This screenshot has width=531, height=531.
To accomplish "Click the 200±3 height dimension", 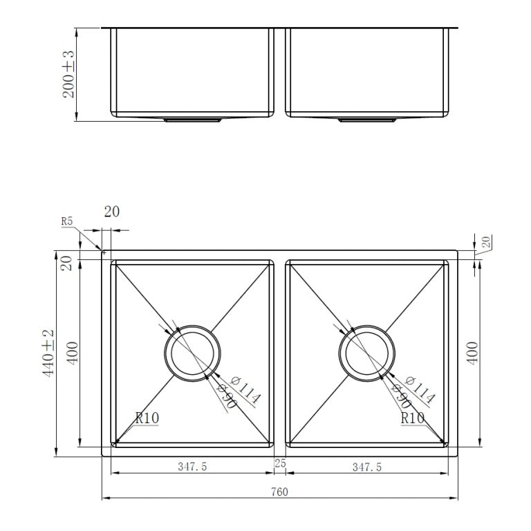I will pos(70,73).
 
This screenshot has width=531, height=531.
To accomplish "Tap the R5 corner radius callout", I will pos(67,222).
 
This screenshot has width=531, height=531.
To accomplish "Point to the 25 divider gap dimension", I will pos(280,463).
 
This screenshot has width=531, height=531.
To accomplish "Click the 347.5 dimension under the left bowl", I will pos(192,467).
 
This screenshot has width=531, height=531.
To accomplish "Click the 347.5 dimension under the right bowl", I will pos(366,467).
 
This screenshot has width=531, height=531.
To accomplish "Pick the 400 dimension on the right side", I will pos(473,353).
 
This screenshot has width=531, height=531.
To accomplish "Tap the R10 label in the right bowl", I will pos(413,418).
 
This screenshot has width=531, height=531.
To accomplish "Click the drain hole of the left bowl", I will pos(193,353).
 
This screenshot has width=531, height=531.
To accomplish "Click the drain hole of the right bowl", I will pos(367,353).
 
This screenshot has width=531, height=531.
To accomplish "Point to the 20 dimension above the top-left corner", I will pos(111,212).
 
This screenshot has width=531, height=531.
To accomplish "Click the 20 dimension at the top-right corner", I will pos(485,242).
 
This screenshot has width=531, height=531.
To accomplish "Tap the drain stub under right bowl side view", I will pos(367,120).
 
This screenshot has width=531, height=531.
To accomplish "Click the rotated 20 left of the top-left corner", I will pos(67,263).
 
